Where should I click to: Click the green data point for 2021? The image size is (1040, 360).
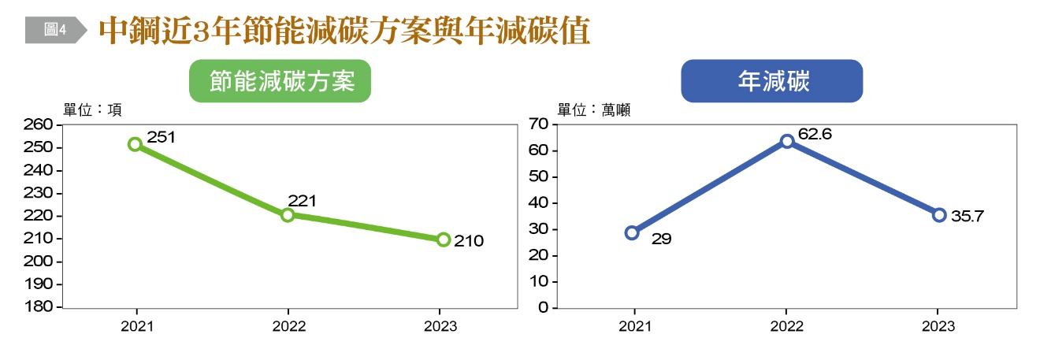135,144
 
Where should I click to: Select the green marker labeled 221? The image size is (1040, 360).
288,215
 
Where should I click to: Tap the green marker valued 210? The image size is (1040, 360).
444,239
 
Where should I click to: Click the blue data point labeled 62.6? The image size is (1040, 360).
786,141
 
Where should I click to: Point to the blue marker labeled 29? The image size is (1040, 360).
632,232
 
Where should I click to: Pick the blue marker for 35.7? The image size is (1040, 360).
939,214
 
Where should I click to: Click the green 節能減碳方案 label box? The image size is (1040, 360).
280,81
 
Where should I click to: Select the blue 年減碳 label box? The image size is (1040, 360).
771,81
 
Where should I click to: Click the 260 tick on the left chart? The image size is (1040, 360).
39,124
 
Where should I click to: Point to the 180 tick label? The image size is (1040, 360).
39,307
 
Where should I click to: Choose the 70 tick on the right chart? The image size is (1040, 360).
538,124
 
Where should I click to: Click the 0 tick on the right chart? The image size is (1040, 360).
542,307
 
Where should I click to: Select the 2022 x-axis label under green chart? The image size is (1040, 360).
288,325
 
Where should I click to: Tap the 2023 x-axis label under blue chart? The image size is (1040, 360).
939,325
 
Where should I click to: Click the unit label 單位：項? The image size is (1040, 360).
92,109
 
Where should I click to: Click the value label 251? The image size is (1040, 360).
161,137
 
